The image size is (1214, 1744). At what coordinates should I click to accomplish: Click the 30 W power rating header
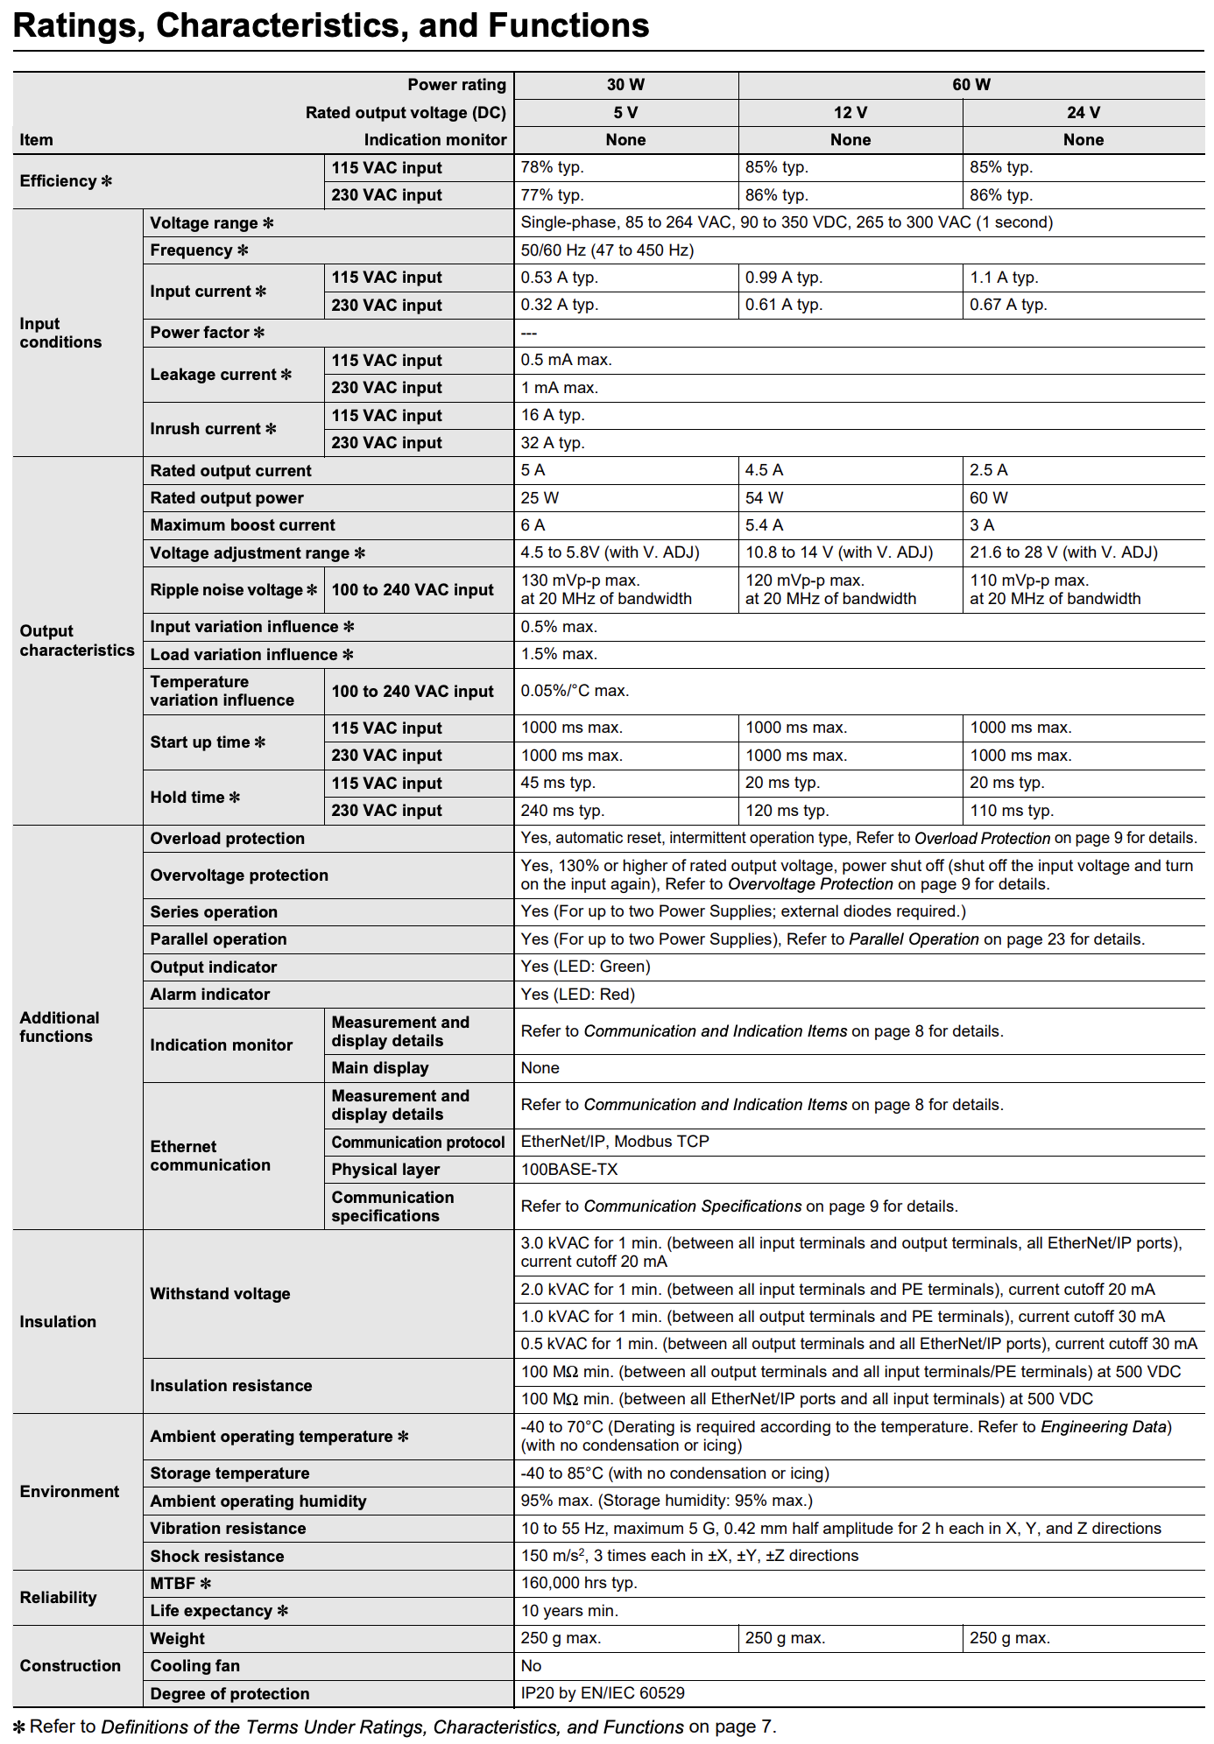(625, 85)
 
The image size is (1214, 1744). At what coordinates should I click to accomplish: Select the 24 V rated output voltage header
(1083, 113)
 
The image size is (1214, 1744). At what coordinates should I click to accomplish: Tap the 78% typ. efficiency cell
(553, 167)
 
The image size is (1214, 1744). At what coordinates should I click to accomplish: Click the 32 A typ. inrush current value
(553, 443)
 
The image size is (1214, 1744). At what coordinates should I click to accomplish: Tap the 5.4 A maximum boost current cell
(765, 525)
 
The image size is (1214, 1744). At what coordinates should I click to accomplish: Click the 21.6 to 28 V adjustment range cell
(1063, 552)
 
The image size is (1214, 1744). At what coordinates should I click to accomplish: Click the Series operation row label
(214, 912)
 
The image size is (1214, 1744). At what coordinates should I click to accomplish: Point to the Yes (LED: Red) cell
(578, 995)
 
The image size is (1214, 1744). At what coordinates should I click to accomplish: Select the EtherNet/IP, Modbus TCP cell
(615, 1142)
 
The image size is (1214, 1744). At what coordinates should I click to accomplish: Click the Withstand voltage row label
(220, 1294)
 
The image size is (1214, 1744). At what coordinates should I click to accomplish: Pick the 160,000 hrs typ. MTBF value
(579, 1583)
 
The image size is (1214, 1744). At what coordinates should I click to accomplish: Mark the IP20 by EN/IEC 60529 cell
(603, 1693)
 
